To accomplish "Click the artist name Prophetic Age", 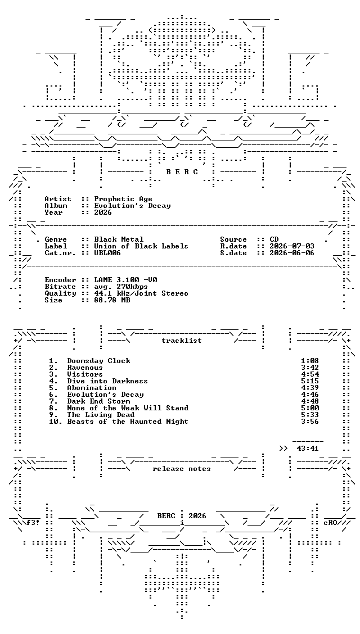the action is click(123, 199).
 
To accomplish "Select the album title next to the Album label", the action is click(132, 206).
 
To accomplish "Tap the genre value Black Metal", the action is click(119, 239).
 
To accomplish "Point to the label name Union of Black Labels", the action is click(141, 246).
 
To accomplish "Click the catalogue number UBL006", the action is click(107, 253).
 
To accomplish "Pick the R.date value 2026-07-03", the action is click(292, 246).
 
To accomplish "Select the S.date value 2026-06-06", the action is click(292, 253).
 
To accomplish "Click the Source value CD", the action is click(274, 239).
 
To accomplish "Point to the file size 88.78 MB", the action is click(112, 300).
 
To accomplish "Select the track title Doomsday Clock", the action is click(98, 361).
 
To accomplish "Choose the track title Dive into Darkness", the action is click(107, 381).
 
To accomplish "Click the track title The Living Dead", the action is click(101, 415).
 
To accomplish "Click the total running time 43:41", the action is click(308, 449).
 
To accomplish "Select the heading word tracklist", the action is click(182, 341).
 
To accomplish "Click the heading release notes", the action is click(182, 469).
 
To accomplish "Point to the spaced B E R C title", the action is click(182, 172).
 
